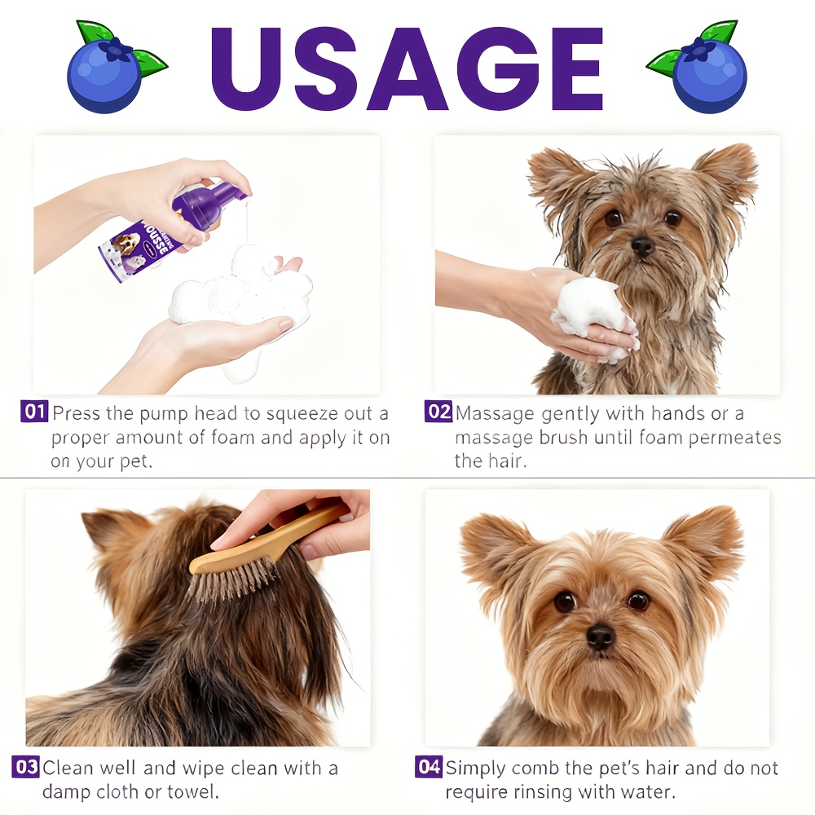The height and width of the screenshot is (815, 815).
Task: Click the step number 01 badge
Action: tap(34, 412)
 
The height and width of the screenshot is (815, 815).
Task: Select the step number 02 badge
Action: tap(438, 412)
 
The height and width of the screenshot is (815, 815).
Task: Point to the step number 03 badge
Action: tap(26, 767)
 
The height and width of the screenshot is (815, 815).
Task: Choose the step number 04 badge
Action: tap(430, 767)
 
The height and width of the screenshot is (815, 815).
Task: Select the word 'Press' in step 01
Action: tap(77, 413)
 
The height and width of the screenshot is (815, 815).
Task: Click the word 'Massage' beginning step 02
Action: tap(496, 414)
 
